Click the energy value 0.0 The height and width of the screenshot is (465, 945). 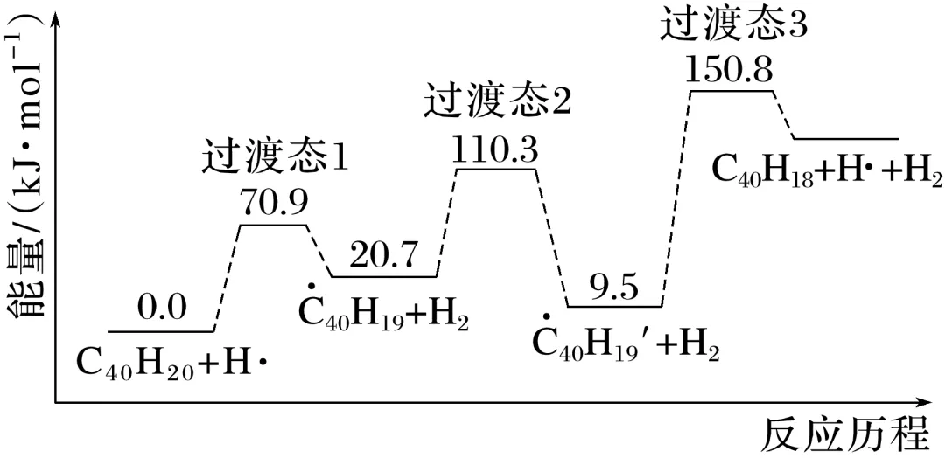coord(162,307)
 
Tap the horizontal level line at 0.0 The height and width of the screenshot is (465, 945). coord(161,332)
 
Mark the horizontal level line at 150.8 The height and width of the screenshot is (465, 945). coord(731,91)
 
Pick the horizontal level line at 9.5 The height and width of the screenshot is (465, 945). coord(614,307)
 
